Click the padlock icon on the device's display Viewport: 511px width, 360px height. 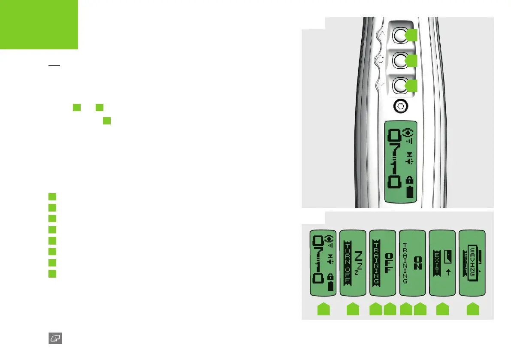point(411,179)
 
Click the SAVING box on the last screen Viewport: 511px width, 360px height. point(472,262)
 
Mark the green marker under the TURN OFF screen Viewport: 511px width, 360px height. point(353,310)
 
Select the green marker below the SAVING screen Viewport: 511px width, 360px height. point(472,310)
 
